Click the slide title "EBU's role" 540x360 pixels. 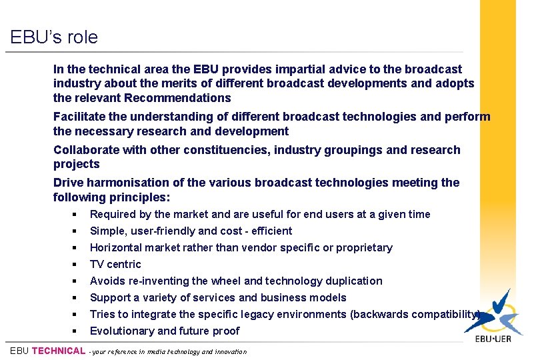54,37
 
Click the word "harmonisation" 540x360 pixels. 125,183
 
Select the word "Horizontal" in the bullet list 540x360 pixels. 116,248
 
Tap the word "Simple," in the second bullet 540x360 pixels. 107,231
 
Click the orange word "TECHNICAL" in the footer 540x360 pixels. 59,351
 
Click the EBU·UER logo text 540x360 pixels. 493,338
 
